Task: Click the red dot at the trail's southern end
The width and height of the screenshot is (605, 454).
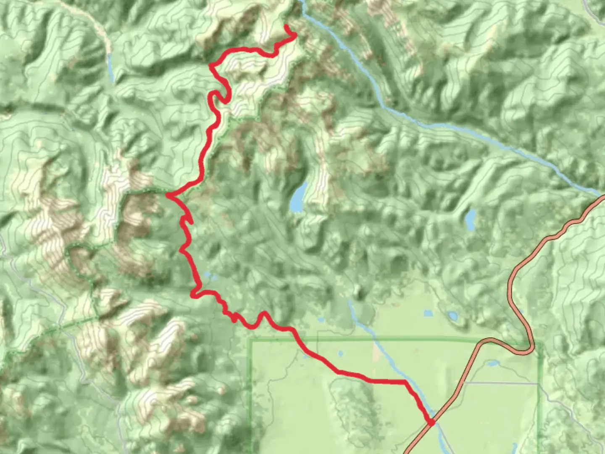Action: click(x=431, y=422)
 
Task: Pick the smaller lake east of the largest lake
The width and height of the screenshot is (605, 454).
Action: click(x=471, y=219)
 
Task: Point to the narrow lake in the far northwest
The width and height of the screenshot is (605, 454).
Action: click(x=110, y=67)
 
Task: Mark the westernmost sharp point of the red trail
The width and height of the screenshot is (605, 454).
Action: click(x=168, y=195)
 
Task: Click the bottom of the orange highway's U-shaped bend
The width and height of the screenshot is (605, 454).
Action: click(x=521, y=351)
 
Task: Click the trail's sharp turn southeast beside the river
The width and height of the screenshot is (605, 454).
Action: click(x=405, y=382)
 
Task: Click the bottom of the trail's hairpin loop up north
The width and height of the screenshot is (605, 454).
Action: click(x=226, y=101)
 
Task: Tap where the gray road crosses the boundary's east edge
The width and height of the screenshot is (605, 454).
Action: click(x=538, y=384)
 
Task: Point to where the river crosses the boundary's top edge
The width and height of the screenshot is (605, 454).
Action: click(x=372, y=338)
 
